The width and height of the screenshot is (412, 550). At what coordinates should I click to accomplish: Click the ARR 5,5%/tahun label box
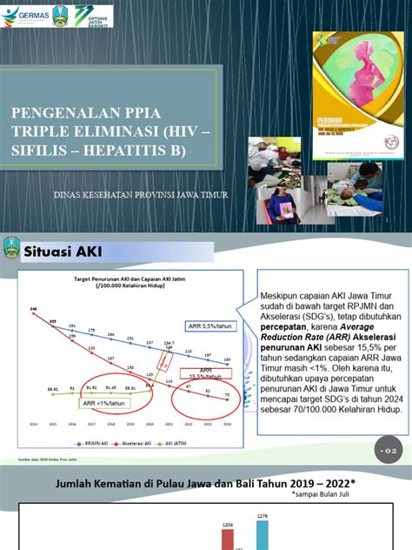[209, 326]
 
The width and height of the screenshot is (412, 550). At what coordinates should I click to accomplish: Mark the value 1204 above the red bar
[229, 525]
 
